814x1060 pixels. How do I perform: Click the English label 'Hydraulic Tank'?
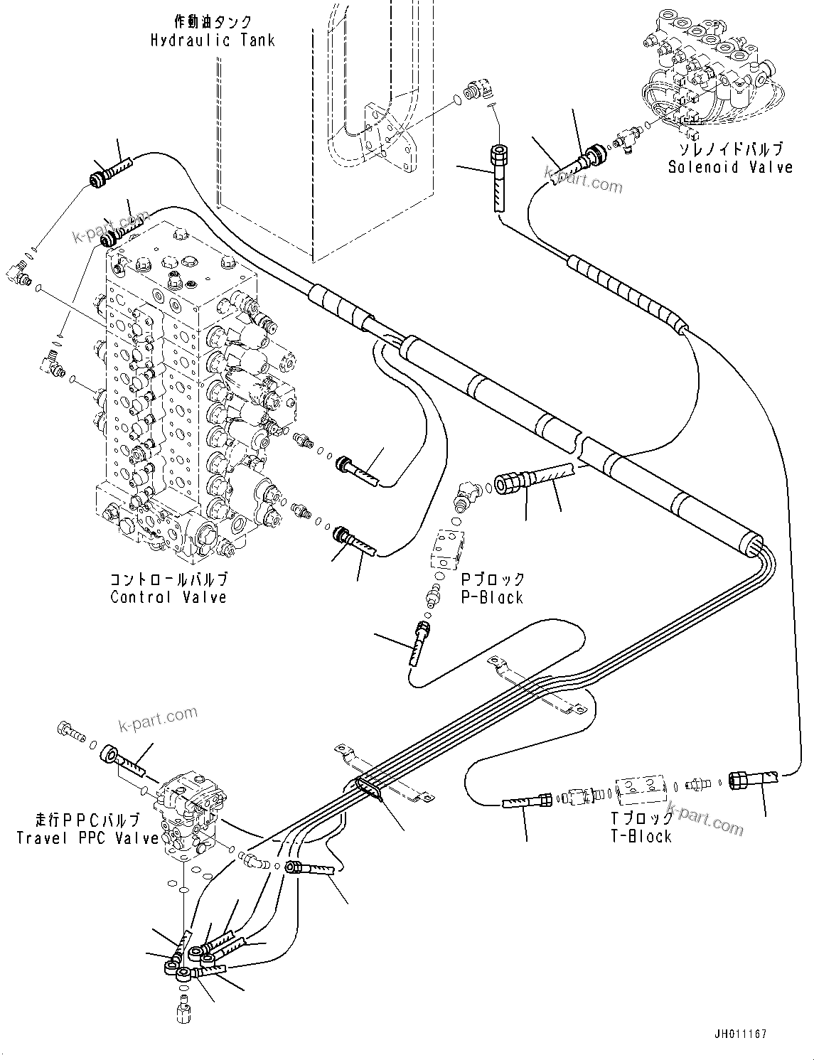pos(212,40)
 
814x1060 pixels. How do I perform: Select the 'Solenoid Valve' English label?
pos(729,167)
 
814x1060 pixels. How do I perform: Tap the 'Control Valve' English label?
pos(168,597)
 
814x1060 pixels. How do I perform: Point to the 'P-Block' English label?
pos(492,598)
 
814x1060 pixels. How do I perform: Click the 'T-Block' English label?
pos(641,836)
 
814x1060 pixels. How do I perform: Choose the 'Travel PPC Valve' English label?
pos(87,838)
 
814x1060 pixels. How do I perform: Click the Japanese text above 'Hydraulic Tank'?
pos(212,22)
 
